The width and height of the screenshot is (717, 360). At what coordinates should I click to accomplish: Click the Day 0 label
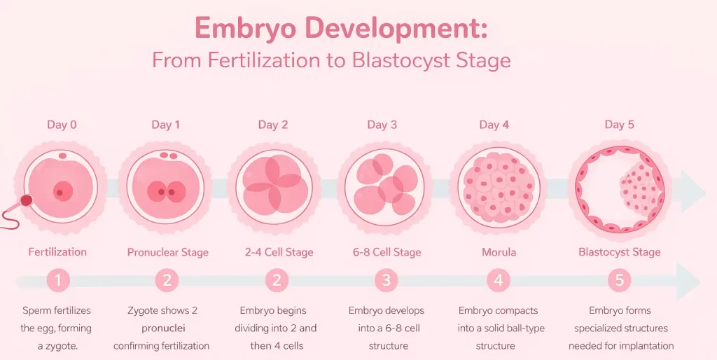(x=62, y=125)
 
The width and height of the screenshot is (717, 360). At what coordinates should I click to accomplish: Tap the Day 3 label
(x=382, y=125)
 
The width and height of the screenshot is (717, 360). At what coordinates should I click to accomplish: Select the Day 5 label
(x=620, y=125)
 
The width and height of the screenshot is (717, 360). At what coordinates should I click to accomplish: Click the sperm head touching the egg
(x=27, y=200)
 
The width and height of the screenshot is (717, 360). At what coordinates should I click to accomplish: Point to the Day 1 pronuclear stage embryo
(x=166, y=186)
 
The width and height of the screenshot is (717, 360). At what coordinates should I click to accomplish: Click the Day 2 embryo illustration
(x=274, y=186)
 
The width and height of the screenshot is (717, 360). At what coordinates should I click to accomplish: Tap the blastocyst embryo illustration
(x=618, y=186)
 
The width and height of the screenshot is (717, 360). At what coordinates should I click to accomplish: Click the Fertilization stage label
(x=57, y=252)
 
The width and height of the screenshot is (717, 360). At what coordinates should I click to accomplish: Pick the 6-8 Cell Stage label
(x=386, y=252)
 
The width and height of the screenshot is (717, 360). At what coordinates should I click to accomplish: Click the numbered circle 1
(x=58, y=281)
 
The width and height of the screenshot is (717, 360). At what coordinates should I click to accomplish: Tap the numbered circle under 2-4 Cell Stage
(x=277, y=281)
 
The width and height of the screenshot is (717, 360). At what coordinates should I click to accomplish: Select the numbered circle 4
(x=499, y=281)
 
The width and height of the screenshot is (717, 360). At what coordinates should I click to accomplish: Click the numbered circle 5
(x=620, y=281)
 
